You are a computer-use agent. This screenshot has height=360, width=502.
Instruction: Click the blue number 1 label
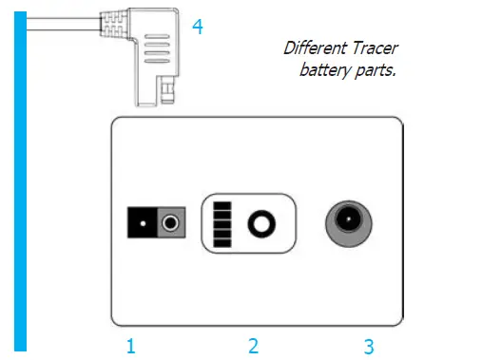(131, 346)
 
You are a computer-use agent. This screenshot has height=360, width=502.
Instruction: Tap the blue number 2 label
(253, 346)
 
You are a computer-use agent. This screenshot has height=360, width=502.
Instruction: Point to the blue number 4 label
(198, 27)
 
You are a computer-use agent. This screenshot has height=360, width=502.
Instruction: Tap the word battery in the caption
(325, 69)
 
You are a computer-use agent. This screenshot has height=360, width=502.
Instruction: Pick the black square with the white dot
(143, 225)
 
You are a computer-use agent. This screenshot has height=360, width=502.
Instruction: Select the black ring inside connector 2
(259, 225)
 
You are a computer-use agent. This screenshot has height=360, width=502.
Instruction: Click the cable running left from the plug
(57, 25)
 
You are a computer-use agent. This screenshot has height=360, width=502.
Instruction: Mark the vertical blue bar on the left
(20, 180)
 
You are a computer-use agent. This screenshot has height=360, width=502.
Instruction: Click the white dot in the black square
(143, 225)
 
